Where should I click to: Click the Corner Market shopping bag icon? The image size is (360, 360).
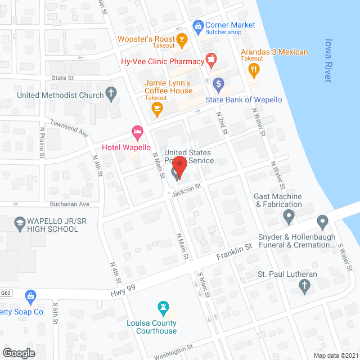pyautogui.click(x=197, y=26)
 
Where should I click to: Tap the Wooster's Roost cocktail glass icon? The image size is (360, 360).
pyautogui.click(x=182, y=40)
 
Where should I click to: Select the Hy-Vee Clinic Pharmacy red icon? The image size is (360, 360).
pyautogui.click(x=211, y=58)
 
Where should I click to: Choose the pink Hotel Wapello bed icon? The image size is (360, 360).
pyautogui.click(x=137, y=133)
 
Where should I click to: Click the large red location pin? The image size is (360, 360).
pyautogui.click(x=179, y=167)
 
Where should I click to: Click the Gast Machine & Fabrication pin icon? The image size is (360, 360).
pyautogui.click(x=289, y=216)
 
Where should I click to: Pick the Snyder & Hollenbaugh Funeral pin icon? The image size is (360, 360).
pyautogui.click(x=323, y=222)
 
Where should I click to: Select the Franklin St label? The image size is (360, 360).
pyautogui.click(x=233, y=252)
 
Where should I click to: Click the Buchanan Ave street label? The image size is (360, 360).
pyautogui.click(x=69, y=204)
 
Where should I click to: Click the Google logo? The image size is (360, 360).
pyautogui.click(x=19, y=353)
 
